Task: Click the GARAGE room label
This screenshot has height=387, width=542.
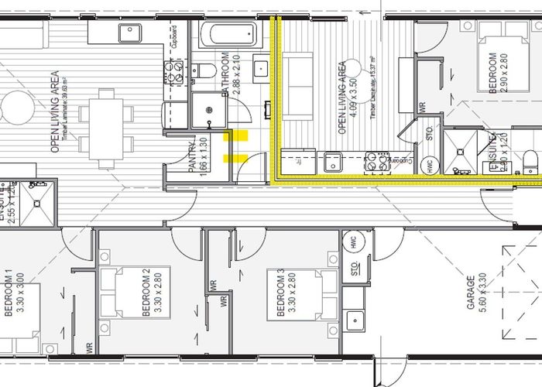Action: click(470, 292)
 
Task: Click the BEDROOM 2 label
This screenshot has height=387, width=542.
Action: click(146, 293)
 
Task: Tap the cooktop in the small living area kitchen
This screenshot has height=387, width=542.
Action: click(376, 163)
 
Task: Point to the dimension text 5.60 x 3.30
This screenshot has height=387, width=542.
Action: click(482, 292)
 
